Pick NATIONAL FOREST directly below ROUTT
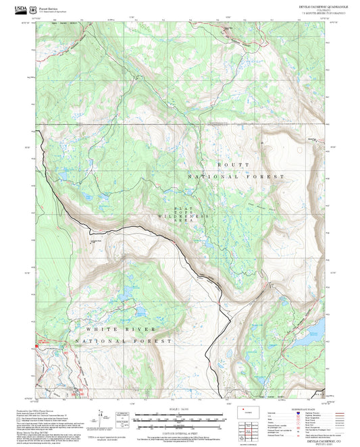click(236, 176)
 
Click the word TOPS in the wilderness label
click(179, 212)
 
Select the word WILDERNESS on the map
click(177, 216)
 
